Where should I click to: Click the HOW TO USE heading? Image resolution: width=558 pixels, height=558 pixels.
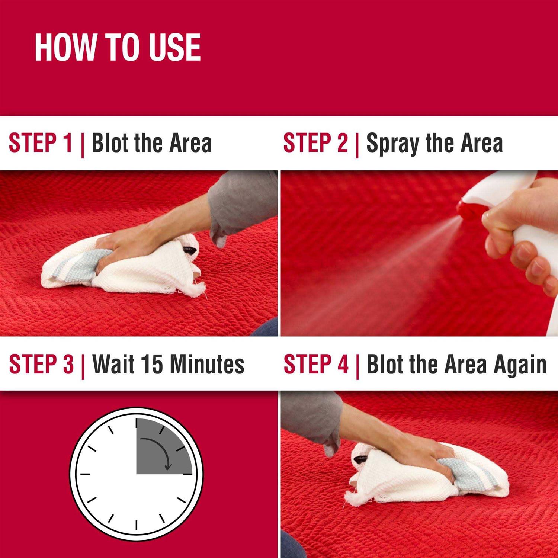(x=118, y=47)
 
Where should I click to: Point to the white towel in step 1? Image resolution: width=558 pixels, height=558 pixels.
(x=123, y=264)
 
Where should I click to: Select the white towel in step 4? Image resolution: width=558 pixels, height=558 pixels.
(x=428, y=472)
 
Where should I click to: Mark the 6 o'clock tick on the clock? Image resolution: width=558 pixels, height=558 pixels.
(x=137, y=525)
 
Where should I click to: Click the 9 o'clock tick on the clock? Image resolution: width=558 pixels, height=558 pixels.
(x=85, y=474)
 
